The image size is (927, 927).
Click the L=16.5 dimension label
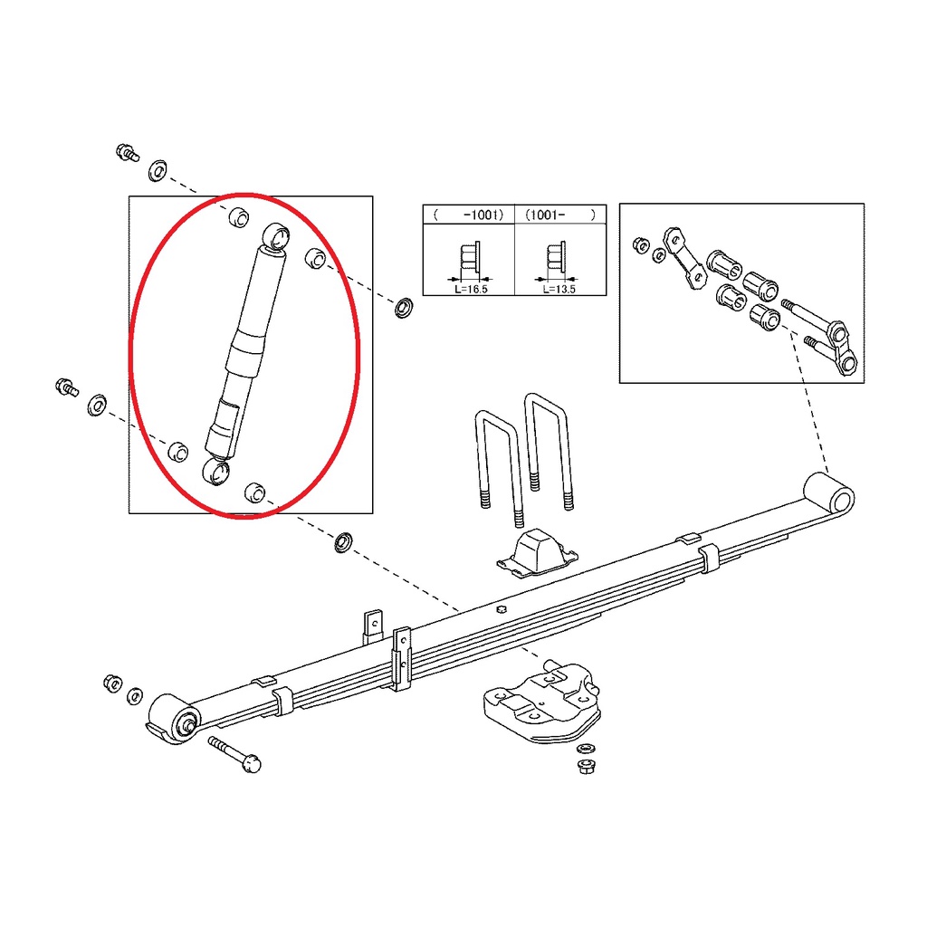click(471, 289)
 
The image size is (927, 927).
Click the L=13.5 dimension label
click(559, 289)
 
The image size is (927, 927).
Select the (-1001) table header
click(469, 215)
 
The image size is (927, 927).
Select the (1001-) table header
click(560, 215)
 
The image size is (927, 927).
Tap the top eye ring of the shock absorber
click(275, 236)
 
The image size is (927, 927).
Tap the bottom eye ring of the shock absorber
click(215, 471)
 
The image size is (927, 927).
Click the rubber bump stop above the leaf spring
click(537, 551)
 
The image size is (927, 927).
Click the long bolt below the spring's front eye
click(234, 754)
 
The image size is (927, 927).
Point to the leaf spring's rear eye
click(829, 492)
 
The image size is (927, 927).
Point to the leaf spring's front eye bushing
click(174, 718)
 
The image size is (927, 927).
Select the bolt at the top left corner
click(127, 152)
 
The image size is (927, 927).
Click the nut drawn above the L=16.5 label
click(470, 258)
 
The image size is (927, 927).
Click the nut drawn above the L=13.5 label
click(557, 258)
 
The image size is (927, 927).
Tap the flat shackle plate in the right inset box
click(685, 258)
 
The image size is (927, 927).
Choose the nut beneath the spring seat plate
click(587, 767)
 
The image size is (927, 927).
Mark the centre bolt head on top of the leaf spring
click(502, 609)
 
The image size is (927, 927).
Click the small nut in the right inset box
click(641, 244)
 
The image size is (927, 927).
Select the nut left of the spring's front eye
click(113, 683)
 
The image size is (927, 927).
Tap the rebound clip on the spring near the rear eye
click(709, 558)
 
